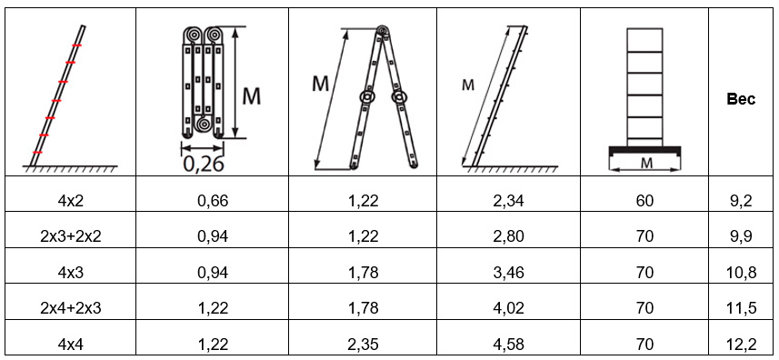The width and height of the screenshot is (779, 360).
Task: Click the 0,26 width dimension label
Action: pyautogui.click(x=204, y=163)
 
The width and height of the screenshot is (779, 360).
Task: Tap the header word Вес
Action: pyautogui.click(x=741, y=99)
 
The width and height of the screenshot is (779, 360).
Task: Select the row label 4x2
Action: pyautogui.click(x=70, y=201)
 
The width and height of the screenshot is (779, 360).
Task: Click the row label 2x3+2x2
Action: pyautogui.click(x=70, y=237)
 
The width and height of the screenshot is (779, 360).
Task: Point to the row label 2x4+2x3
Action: pyautogui.click(x=70, y=308)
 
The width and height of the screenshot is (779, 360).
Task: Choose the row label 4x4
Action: pyautogui.click(x=70, y=344)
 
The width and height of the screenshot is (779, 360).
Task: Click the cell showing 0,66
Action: pyautogui.click(x=212, y=201)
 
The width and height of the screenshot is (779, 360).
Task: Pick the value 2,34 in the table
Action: pyautogui.click(x=508, y=201)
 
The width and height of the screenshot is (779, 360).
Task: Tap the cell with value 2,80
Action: pyautogui.click(x=508, y=237)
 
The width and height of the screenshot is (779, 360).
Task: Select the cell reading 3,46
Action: pyautogui.click(x=508, y=273)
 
